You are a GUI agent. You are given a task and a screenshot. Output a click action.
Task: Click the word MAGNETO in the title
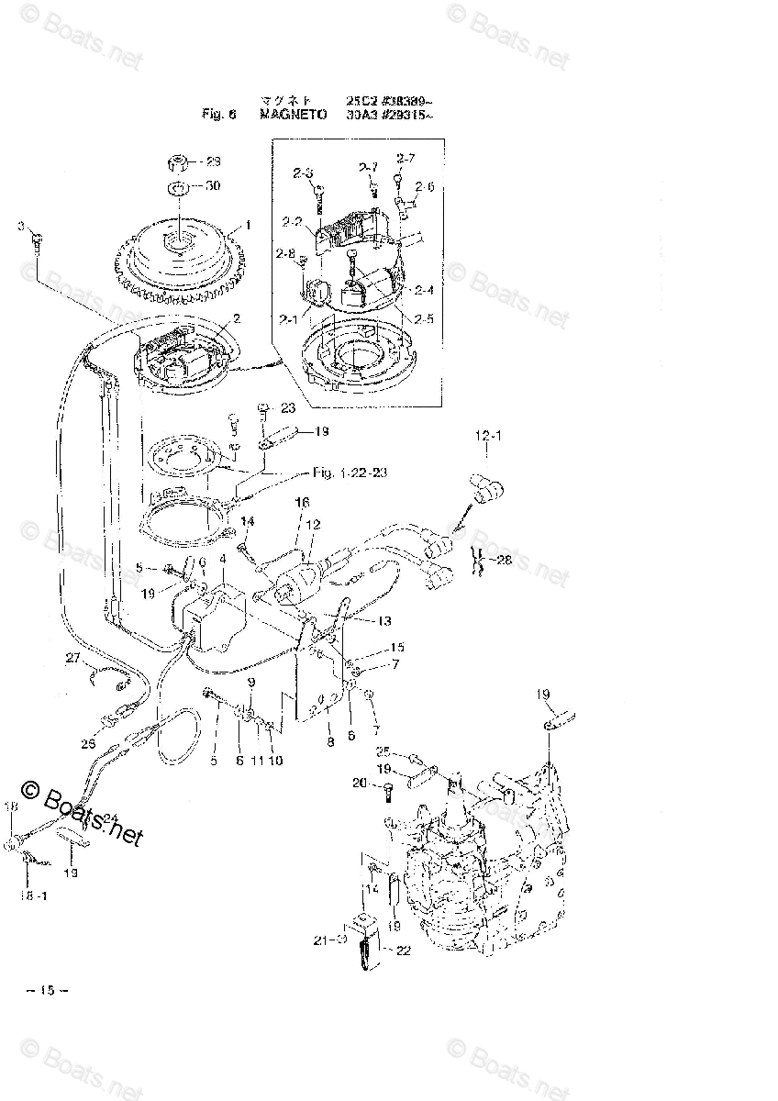pyautogui.click(x=286, y=115)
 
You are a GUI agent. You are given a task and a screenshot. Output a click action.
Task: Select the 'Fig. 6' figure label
pyautogui.click(x=219, y=115)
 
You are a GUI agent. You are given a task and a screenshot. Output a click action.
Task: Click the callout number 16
pyautogui.click(x=301, y=504)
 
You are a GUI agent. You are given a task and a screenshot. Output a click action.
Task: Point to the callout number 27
pyautogui.click(x=73, y=657)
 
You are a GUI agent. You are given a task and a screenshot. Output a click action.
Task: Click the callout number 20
pyautogui.click(x=359, y=783)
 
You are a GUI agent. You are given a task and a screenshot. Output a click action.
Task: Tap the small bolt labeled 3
pyautogui.click(x=35, y=241)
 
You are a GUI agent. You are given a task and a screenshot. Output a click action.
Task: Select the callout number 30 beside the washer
pyautogui.click(x=212, y=186)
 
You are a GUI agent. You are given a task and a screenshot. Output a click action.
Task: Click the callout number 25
pyautogui.click(x=383, y=751)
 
